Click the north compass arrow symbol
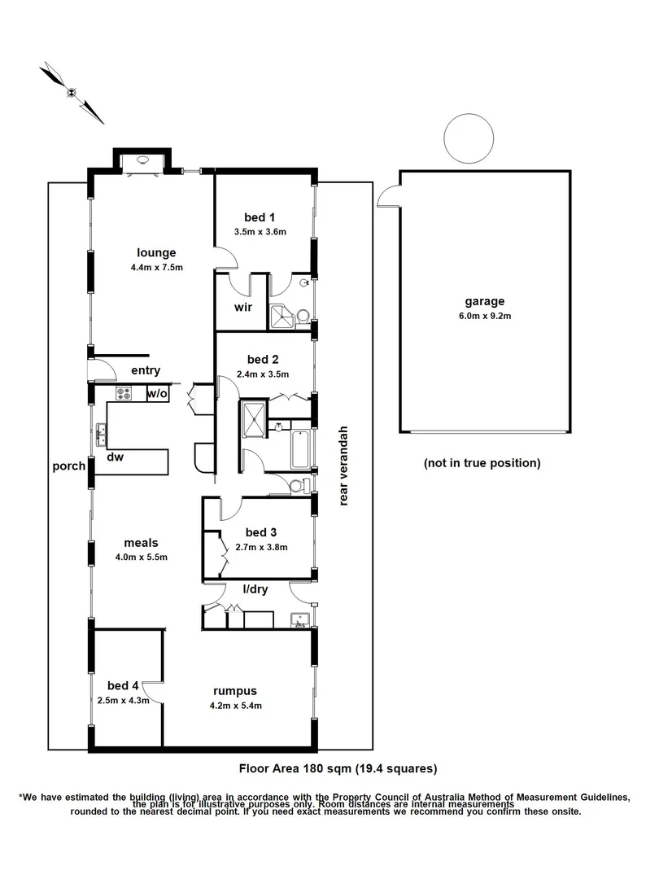pos(72,92)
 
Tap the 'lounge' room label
pos(156,252)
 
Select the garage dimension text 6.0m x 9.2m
pos(486,316)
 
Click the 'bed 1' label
pos(260,217)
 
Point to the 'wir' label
pos(242,308)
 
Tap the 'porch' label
pos(69,466)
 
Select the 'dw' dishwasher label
pos(115,457)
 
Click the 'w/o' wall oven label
pos(157,394)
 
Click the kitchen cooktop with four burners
pos(124,394)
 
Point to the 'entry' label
pos(146,371)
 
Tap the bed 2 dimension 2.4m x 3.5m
pos(263,374)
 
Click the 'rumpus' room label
pos(235,690)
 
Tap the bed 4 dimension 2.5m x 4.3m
pos(123,700)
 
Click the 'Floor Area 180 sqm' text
pos(338,767)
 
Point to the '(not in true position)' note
pos(482,463)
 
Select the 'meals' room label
pos(141,543)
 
